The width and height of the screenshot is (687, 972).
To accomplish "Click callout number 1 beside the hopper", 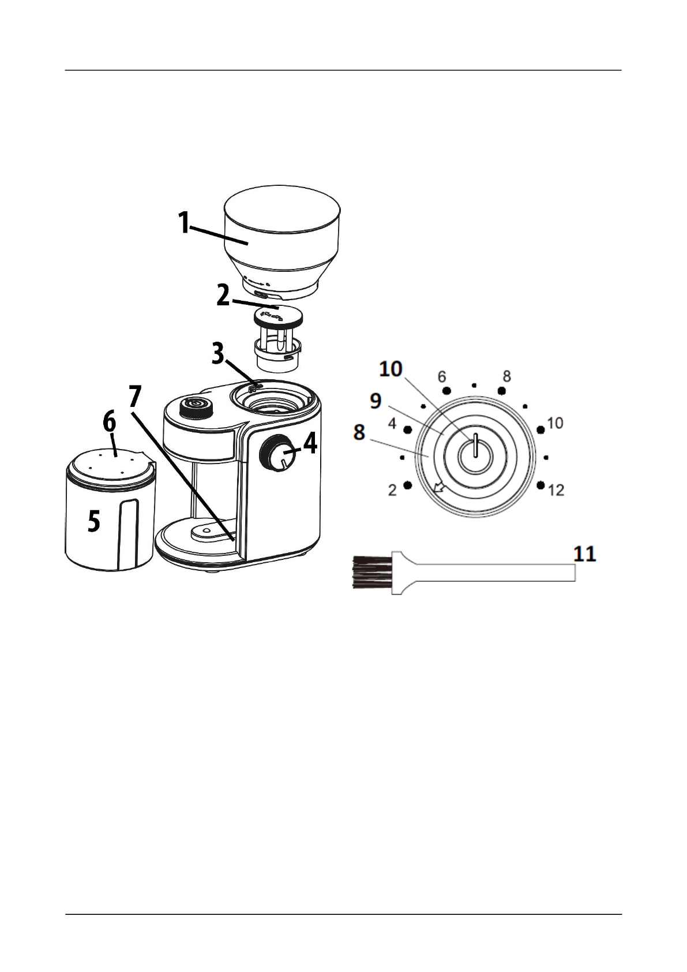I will click(183, 223).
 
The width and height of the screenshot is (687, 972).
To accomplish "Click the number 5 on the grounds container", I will click(93, 522).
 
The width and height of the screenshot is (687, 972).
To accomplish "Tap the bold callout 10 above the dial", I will click(391, 369).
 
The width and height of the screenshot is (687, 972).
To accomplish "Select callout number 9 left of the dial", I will click(376, 400).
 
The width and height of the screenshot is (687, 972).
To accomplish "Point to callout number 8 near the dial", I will click(359, 431).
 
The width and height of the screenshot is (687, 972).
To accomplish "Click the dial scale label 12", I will click(555, 491).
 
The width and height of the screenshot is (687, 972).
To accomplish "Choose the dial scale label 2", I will click(392, 491).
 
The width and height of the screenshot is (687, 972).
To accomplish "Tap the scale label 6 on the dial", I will click(442, 377).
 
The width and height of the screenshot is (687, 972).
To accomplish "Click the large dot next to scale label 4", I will click(407, 430).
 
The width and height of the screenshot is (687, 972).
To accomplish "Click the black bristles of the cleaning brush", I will click(371, 572).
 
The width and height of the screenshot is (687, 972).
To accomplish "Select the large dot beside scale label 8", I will click(502, 391).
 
